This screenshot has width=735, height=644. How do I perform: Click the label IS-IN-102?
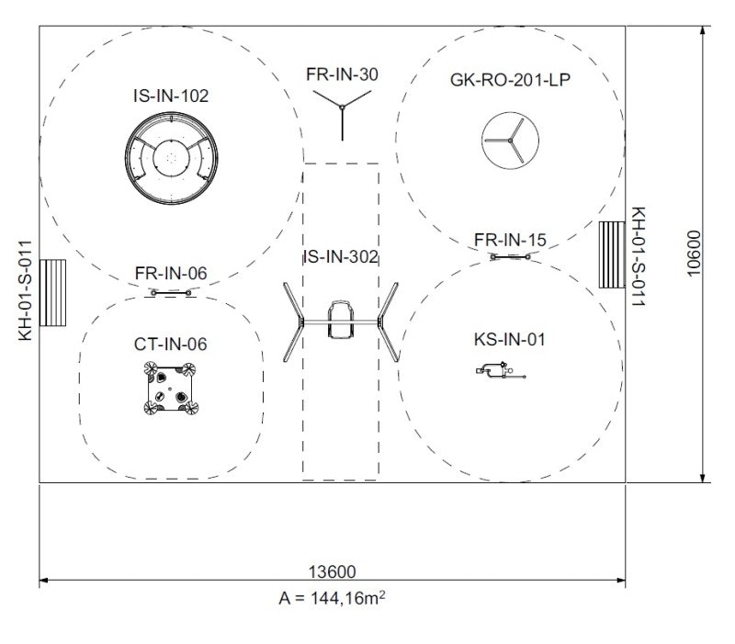tap(171, 94)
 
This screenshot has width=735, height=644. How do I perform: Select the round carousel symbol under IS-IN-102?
tap(171, 159)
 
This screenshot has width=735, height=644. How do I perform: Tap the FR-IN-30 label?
tap(342, 74)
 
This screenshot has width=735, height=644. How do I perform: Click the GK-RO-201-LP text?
tap(512, 79)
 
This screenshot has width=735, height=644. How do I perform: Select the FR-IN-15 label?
tap(510, 241)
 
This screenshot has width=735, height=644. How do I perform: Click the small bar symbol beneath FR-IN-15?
tap(511, 257)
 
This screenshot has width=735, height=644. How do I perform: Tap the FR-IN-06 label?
tap(171, 274)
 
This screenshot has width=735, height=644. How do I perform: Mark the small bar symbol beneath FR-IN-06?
tap(171, 292)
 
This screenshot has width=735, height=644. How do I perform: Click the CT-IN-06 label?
tap(171, 345)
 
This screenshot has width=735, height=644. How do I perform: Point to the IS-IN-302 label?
tap(341, 257)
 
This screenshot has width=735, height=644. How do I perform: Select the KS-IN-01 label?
tap(510, 340)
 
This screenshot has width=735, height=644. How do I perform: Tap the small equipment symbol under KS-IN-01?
tap(499, 371)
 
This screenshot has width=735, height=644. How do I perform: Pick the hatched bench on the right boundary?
tap(612, 254)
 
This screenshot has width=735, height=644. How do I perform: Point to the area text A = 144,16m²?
tap(332, 598)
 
